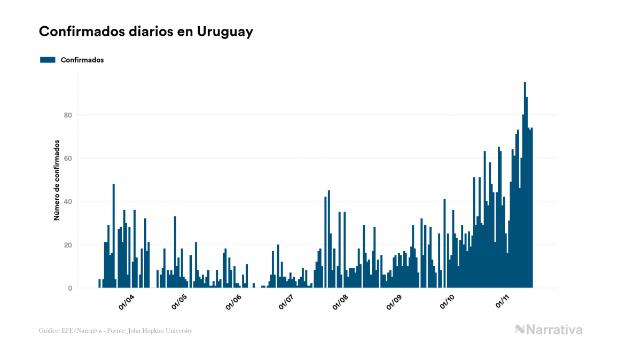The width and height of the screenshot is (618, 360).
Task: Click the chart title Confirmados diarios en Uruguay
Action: [x=146, y=32]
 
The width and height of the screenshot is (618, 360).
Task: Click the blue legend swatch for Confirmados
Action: [x=48, y=60]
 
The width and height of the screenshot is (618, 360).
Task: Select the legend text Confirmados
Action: [x=82, y=60]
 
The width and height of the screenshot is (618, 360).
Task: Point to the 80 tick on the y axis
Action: [x=67, y=115]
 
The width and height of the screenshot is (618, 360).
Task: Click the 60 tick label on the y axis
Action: [x=67, y=158]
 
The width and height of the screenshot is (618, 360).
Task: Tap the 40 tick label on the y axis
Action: [x=67, y=201]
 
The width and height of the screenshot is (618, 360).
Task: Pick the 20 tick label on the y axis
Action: [x=67, y=245]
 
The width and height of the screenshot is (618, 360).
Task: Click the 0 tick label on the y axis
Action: [x=70, y=288]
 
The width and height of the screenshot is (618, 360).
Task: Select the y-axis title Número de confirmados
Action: [x=56, y=180]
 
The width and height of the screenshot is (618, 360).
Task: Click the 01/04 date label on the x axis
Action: [x=127, y=302]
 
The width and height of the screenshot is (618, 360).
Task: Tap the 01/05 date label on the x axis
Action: [x=180, y=302]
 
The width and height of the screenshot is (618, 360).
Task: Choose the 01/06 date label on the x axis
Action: [x=233, y=302]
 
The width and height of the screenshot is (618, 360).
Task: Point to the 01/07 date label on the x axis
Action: [x=286, y=302]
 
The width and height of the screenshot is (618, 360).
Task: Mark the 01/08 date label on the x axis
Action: [x=340, y=302]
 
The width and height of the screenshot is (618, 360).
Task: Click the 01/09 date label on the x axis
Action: [x=394, y=302]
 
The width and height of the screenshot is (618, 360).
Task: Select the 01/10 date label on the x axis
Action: [x=447, y=302]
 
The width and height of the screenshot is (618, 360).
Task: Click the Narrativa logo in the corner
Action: [x=549, y=330]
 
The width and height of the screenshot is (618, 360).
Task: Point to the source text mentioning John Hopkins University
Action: [x=115, y=331]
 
